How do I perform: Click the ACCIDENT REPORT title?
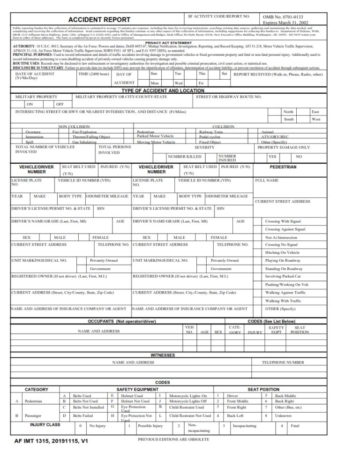pyautogui.click(x=99, y=20)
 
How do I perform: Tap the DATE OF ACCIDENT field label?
pyautogui.click(x=35, y=74)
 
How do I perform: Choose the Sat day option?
pyautogui.click(x=225, y=74)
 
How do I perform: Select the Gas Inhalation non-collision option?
pyautogui.click(x=84, y=142)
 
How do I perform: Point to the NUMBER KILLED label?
pyautogui.click(x=185, y=157)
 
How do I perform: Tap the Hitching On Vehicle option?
pyautogui.click(x=282, y=252)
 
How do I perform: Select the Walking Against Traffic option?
pyautogui.click(x=285, y=292)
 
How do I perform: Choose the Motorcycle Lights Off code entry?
pyautogui.click(x=187, y=401)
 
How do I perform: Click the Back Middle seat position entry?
pyautogui.click(x=285, y=396)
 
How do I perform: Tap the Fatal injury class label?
pyautogui.click(x=295, y=426)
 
